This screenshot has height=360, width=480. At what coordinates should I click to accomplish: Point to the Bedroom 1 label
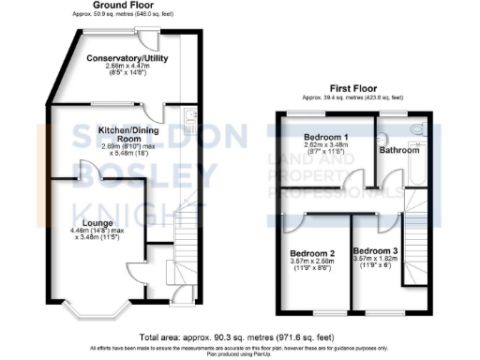(x=325, y=137)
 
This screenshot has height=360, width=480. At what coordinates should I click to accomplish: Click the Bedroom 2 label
(x=312, y=254)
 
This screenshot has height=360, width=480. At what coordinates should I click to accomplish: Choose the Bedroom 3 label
(x=375, y=252)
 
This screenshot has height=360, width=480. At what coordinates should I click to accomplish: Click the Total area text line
(x=240, y=337)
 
